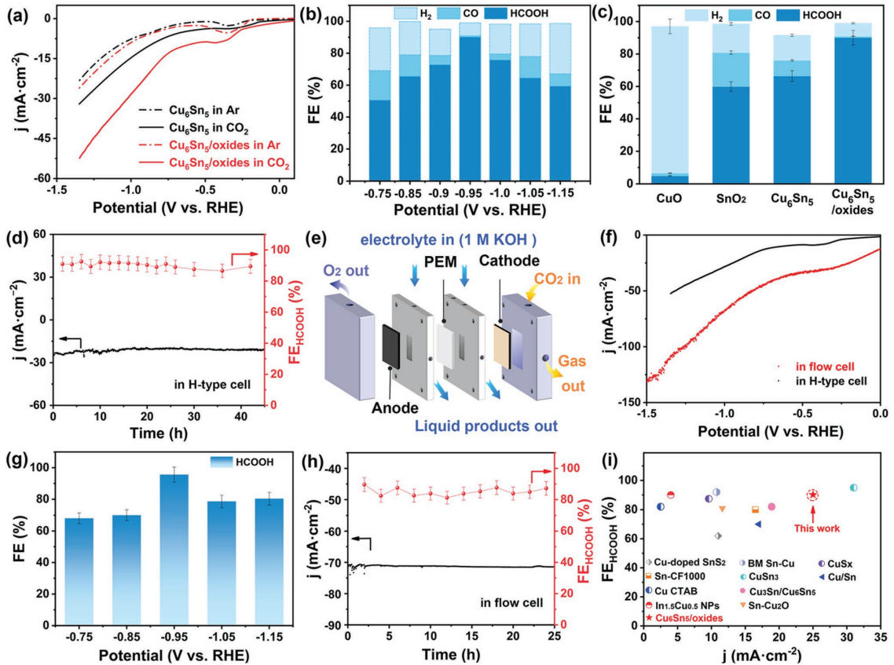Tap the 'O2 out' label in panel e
[341, 272]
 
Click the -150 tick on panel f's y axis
[631, 402]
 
